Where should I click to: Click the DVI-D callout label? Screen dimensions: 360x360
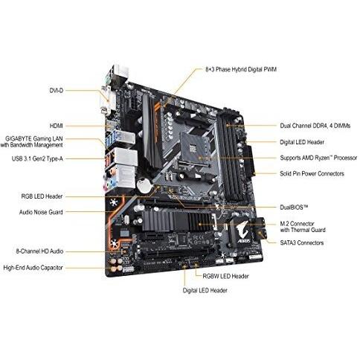tap(57, 91)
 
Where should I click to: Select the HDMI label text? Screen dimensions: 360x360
tap(57, 126)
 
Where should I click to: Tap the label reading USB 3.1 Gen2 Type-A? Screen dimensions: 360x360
tap(37, 158)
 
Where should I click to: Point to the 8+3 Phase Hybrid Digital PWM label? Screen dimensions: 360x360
tap(241, 69)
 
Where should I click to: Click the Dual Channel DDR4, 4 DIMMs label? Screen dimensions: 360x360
tap(315, 126)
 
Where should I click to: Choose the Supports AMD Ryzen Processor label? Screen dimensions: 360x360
tap(318, 158)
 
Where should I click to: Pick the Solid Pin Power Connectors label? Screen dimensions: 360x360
tap(312, 173)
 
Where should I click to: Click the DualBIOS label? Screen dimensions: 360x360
tap(294, 207)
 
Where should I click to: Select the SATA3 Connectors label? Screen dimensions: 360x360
tap(302, 242)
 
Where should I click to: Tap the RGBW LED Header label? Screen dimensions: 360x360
tap(225, 276)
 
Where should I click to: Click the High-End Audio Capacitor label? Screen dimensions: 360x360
tap(33, 268)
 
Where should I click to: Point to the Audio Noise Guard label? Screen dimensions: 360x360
tap(41, 212)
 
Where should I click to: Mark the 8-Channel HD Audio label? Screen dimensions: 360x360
tap(39, 251)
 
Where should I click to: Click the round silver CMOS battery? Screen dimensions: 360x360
tap(144, 185)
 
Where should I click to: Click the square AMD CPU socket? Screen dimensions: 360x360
tap(195, 150)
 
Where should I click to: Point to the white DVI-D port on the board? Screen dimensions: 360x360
tap(107, 101)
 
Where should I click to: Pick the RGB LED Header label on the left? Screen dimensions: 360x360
tap(42, 196)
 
